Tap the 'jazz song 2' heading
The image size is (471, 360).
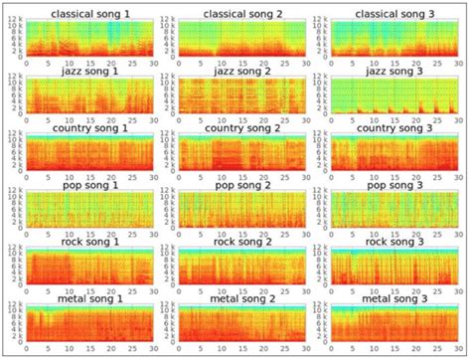click(x=239, y=71)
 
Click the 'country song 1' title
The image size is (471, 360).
click(x=87, y=128)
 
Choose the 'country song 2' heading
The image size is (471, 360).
click(x=239, y=128)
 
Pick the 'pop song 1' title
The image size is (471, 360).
click(x=87, y=185)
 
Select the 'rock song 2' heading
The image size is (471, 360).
click(x=239, y=243)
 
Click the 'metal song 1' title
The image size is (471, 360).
click(x=87, y=299)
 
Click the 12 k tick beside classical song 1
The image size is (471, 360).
click(x=12, y=22)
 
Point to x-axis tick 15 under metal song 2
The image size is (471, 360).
click(x=239, y=351)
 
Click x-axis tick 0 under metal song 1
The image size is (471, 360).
click(x=26, y=351)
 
